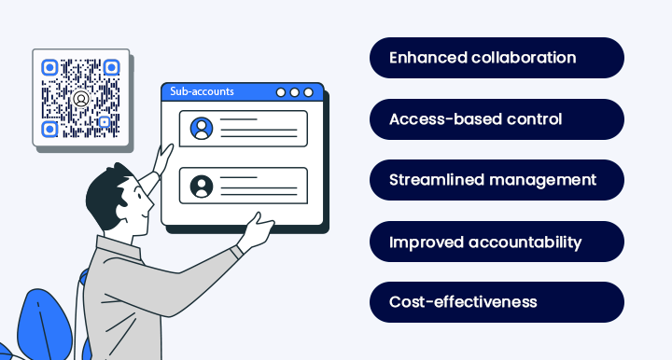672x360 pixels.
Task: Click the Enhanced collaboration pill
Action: (497, 58)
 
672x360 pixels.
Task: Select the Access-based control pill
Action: (497, 119)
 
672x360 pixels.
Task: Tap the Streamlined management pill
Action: (497, 180)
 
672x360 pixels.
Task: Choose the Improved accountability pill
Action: (497, 242)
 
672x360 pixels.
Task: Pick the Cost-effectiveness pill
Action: (497, 302)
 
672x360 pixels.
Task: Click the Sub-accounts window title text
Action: (202, 91)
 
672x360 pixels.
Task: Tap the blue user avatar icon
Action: (201, 128)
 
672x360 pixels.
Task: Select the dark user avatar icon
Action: (201, 186)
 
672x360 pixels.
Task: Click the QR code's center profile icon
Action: (81, 97)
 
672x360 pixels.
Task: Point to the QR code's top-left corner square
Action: (50, 67)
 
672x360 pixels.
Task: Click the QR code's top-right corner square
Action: (111, 67)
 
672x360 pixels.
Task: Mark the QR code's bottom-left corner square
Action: (50, 128)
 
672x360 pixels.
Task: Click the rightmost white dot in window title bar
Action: (310, 92)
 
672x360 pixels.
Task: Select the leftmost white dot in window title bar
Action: (281, 92)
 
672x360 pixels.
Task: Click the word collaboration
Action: (522, 58)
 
